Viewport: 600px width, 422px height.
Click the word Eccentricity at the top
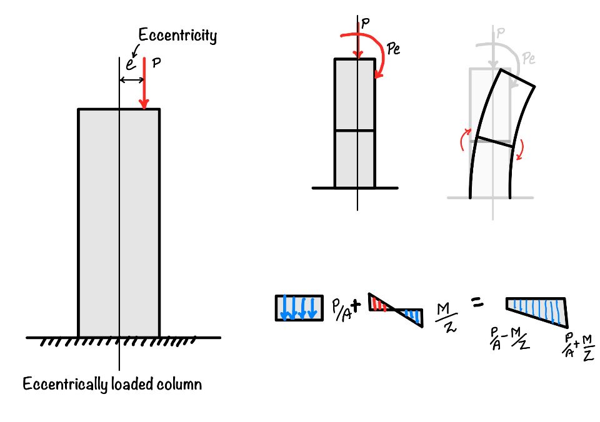click(177, 36)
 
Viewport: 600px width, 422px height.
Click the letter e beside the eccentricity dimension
click(130, 64)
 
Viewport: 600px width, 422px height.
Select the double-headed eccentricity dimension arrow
click(132, 80)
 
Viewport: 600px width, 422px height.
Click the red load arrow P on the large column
click(144, 84)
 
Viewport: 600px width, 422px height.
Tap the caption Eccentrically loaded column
click(112, 383)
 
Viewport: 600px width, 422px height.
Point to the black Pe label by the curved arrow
click(394, 49)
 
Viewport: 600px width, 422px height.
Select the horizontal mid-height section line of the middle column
click(355, 130)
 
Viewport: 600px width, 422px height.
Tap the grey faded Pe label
click(529, 58)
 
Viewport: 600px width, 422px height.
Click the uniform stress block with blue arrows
click(299, 308)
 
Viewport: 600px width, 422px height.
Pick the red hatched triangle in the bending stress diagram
click(378, 303)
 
